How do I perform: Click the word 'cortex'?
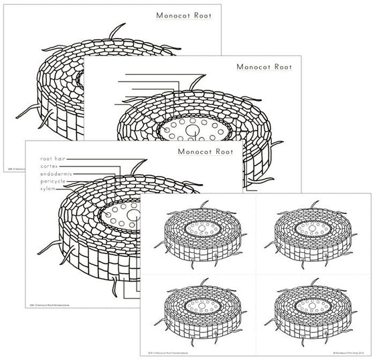(x=49, y=166)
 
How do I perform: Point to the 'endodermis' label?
(x=56, y=174)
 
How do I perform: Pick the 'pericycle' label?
(x=53, y=181)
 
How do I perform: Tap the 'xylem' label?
(x=48, y=189)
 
